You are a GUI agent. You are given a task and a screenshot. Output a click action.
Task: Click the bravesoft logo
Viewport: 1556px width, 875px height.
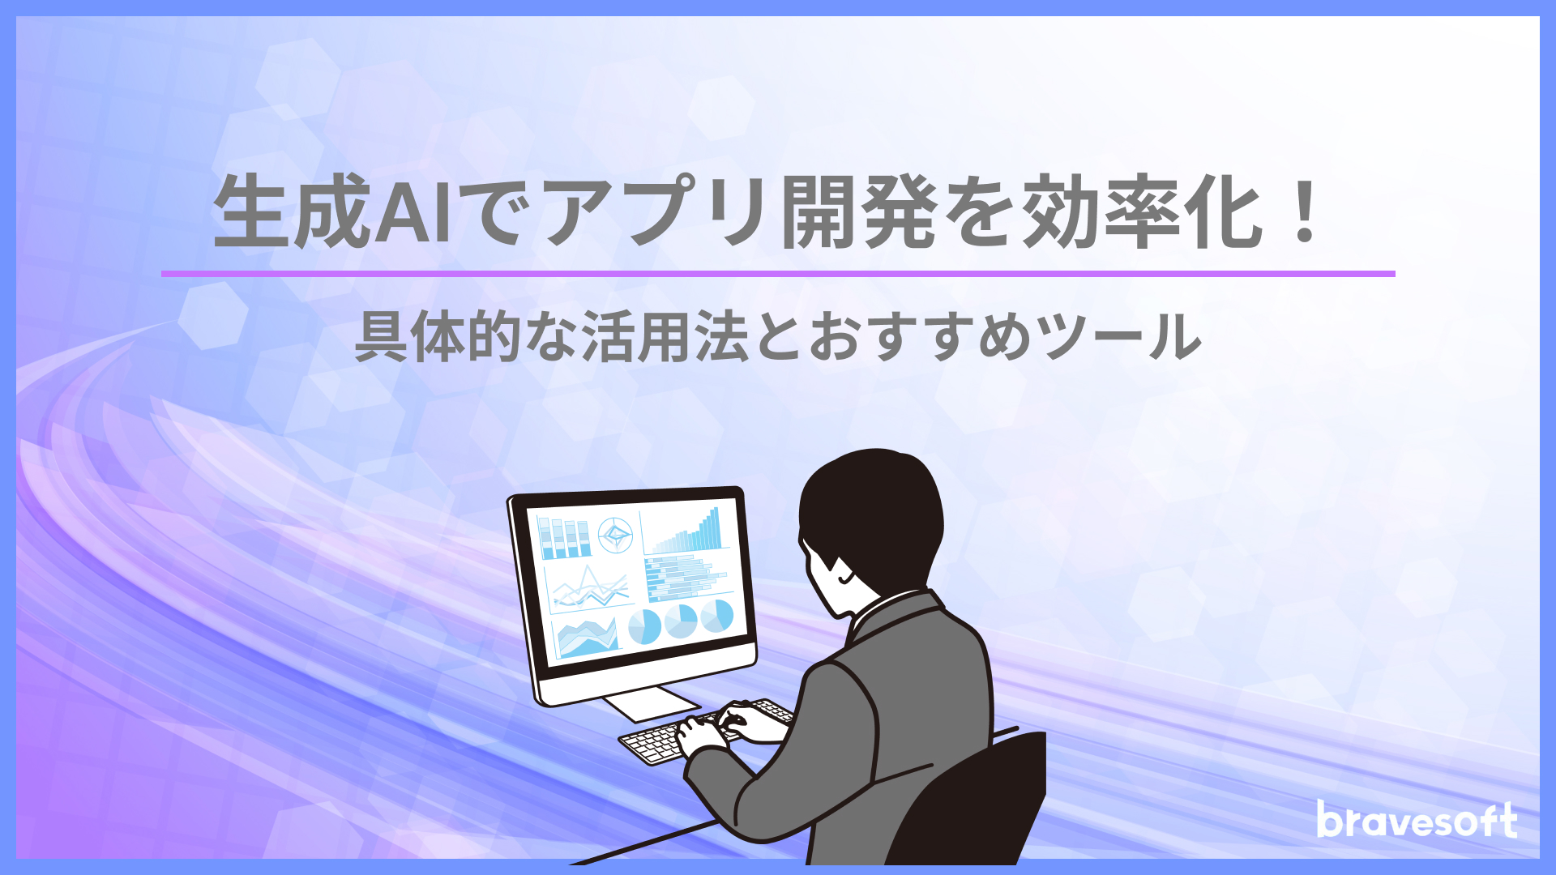click(x=1417, y=820)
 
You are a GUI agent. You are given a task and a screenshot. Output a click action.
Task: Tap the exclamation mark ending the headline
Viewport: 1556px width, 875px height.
click(x=1305, y=212)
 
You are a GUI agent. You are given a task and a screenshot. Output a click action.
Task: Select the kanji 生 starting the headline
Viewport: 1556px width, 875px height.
click(x=251, y=212)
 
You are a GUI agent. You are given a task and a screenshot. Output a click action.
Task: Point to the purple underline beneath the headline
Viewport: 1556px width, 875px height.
click(x=778, y=274)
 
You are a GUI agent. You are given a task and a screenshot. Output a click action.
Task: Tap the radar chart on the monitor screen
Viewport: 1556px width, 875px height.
click(x=615, y=535)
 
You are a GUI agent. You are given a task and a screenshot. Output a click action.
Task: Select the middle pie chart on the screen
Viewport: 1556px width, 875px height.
click(x=681, y=621)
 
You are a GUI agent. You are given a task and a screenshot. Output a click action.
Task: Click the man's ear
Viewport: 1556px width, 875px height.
click(x=845, y=574)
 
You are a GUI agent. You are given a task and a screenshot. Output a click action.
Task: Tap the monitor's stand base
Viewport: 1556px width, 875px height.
click(x=651, y=703)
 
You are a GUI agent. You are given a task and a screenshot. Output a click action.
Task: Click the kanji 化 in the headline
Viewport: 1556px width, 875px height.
click(x=1223, y=212)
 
